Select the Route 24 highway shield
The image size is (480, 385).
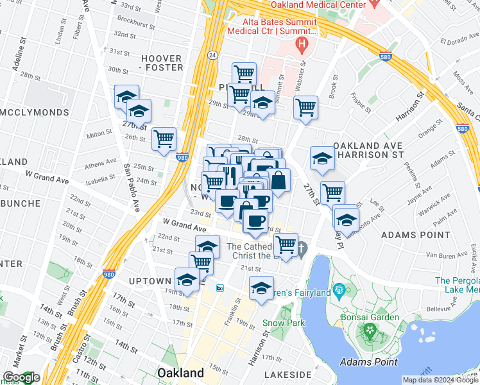(x=211, y=56)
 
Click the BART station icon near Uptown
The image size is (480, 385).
(x=220, y=287)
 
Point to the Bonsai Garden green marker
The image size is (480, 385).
(x=369, y=331)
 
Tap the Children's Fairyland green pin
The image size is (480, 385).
(x=339, y=293)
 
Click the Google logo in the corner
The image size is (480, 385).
(x=21, y=377)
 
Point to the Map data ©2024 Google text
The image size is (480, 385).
(x=440, y=380)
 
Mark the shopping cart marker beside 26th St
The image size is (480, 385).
(x=164, y=137)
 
